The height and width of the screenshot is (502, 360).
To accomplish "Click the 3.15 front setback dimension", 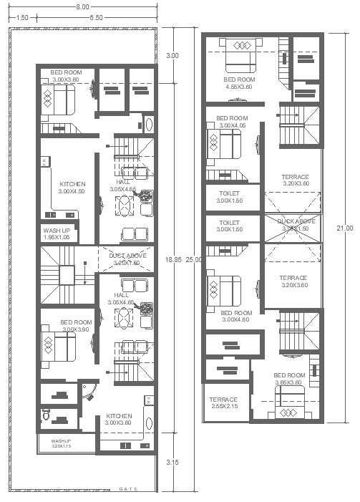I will [172, 462].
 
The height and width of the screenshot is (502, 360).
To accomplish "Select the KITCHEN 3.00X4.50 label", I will [72, 188].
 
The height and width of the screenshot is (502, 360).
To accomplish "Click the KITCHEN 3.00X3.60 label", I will [118, 420].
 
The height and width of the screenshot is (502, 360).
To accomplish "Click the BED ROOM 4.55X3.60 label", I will [239, 83].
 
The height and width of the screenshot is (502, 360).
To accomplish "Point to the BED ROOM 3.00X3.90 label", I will [75, 326].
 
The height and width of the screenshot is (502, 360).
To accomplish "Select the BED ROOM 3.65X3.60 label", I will [290, 380].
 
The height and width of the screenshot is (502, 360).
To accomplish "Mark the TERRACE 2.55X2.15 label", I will [223, 403].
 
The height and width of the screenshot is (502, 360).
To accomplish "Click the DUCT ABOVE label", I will [127, 259].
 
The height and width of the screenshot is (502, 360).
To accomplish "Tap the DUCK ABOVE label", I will [296, 225].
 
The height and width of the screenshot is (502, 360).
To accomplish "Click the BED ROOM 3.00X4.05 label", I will [232, 122].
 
